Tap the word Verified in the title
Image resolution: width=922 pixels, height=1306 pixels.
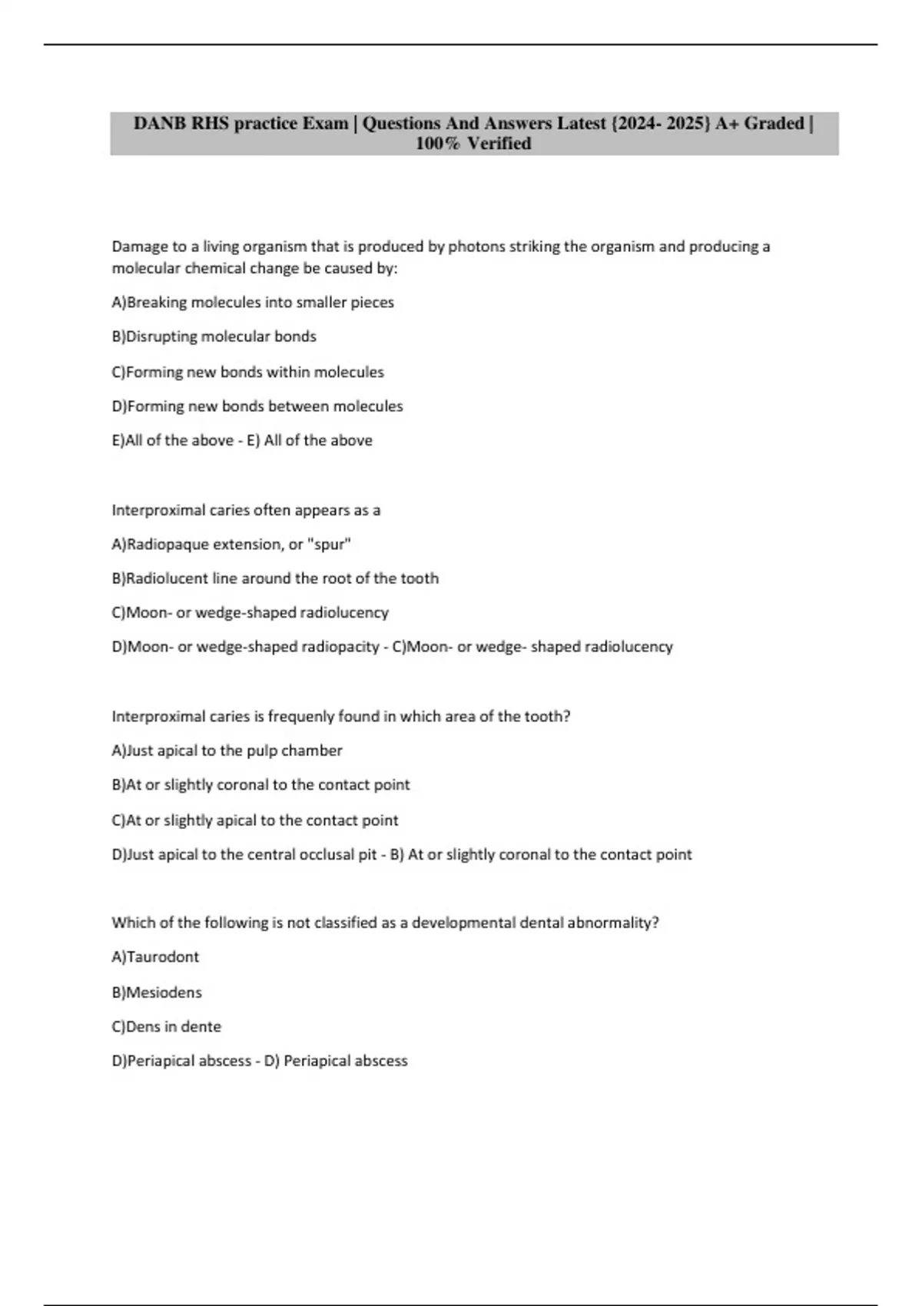pos(499,144)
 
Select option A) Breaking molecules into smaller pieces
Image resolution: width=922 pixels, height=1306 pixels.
pos(253,303)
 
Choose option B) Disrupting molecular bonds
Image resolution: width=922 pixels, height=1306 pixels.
pos(214,336)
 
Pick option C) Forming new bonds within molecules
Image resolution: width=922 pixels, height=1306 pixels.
pos(248,372)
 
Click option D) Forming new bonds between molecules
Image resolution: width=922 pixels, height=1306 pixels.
pos(257,406)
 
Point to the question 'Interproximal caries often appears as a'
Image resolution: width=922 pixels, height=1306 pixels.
pos(246,510)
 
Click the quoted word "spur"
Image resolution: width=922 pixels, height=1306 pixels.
pos(329,545)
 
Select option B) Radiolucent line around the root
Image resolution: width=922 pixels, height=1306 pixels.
pos(275,578)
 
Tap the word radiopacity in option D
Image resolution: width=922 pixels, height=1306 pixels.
pos(340,647)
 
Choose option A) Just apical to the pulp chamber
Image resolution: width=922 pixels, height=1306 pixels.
pos(227,751)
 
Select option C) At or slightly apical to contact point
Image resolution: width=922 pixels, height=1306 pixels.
pos(255,820)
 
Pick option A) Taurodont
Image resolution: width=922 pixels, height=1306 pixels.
pos(155,957)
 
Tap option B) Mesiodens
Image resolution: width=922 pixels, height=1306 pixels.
pos(157,993)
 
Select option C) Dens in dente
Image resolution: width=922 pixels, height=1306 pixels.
pos(167,1026)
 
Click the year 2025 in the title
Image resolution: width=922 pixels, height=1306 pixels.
pos(688,124)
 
